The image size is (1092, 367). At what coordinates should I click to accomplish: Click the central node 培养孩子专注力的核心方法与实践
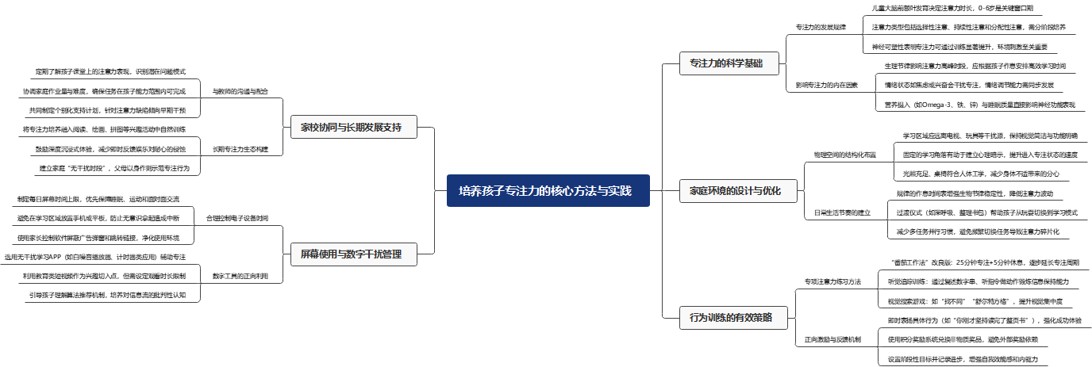click(548, 191)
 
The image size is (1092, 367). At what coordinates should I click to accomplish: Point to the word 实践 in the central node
click(620, 191)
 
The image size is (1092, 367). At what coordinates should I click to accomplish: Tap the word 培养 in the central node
click(471, 191)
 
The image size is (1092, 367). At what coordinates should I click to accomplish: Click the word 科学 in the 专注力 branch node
click(735, 63)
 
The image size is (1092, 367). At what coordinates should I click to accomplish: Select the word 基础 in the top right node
click(753, 63)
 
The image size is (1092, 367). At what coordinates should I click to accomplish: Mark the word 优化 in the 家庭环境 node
click(772, 191)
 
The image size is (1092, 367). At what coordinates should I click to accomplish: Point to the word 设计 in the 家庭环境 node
click(745, 191)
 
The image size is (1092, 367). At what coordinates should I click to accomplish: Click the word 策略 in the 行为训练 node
click(763, 318)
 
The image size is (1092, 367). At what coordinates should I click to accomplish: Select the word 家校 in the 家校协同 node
click(310, 127)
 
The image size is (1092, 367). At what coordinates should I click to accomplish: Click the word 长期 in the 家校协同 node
click(355, 127)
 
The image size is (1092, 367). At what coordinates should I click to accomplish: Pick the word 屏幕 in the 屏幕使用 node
click(310, 254)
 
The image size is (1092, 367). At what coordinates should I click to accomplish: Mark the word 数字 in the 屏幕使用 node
click(355, 254)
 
